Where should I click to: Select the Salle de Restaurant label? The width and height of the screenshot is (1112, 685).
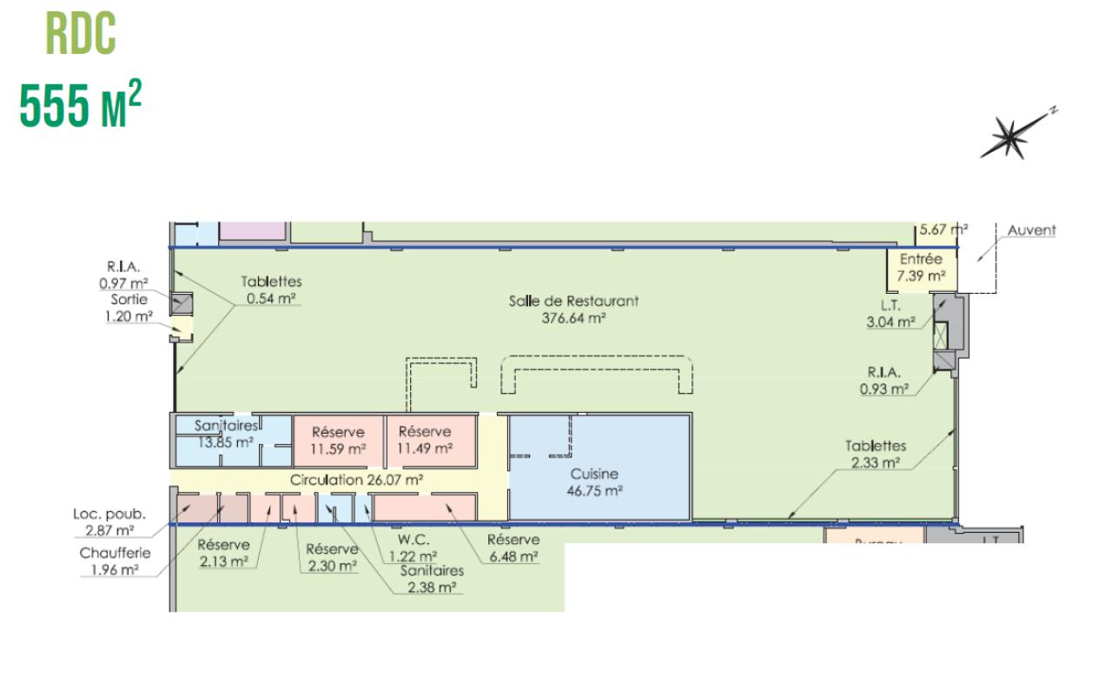573,301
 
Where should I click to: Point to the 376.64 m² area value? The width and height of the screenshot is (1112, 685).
573,317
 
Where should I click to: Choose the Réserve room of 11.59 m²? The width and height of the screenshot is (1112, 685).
338,440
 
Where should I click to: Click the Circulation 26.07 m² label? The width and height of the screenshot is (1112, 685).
356,480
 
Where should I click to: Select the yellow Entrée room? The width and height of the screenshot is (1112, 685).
921,268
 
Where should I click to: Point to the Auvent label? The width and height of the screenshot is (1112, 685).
1031,230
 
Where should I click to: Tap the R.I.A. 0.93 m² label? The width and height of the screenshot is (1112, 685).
884,381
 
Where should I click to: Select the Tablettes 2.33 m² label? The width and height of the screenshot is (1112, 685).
876,454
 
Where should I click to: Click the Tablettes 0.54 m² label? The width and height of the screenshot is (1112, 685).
271,290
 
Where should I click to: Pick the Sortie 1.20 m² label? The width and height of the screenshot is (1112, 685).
128,308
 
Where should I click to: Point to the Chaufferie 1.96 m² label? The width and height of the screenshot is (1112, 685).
115,562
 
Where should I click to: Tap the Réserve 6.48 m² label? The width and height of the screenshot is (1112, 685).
513,549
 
